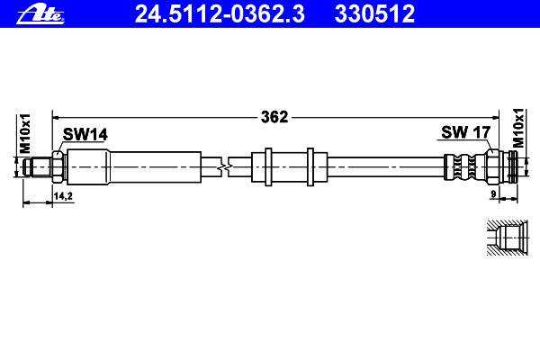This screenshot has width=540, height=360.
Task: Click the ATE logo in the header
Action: [x=40, y=15]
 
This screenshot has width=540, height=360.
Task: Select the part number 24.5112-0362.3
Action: [x=220, y=13]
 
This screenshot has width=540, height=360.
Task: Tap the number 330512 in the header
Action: [x=374, y=13]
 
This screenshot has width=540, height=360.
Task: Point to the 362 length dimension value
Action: [x=274, y=117]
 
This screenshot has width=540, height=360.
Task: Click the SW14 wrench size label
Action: [x=85, y=134]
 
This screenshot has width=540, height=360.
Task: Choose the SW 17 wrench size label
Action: [x=465, y=132]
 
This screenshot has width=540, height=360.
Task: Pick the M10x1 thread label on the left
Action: [x=25, y=133]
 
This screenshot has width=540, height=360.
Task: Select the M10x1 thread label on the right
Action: [x=518, y=128]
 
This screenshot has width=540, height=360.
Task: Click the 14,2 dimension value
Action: [x=63, y=196]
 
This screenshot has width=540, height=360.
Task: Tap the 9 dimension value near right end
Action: [x=493, y=194]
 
